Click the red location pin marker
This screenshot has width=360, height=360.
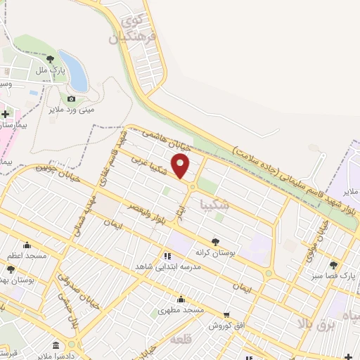pos(181,167)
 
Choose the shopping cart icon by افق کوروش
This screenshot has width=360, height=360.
pos(226,315)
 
